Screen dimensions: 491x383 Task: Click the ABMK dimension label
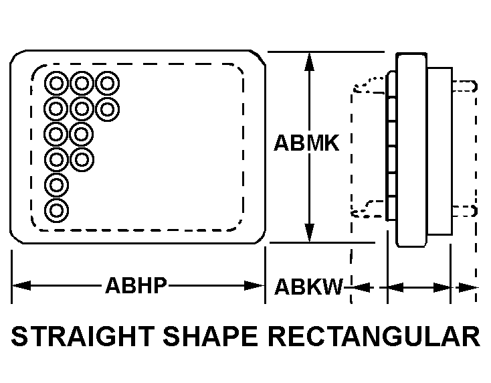(x=306, y=143)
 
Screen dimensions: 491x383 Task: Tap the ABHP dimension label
(x=136, y=285)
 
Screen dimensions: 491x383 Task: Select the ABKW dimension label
(x=308, y=287)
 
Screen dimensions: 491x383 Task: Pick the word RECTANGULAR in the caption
(x=374, y=336)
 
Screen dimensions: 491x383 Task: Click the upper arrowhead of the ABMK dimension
(x=309, y=63)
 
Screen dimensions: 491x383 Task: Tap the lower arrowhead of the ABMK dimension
(x=309, y=232)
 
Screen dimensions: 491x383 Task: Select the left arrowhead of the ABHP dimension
(x=21, y=285)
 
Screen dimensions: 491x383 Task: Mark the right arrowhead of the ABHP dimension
(x=254, y=285)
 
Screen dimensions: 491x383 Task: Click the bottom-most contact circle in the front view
(x=56, y=210)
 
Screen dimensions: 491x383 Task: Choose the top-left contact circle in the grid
(x=56, y=84)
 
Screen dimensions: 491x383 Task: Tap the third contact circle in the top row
(x=108, y=84)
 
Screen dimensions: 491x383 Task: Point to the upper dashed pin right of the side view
(x=465, y=86)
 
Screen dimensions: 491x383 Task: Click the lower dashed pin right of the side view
(x=465, y=211)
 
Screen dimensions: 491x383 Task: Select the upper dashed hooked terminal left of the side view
(x=369, y=85)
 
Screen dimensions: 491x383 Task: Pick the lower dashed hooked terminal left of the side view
(x=367, y=209)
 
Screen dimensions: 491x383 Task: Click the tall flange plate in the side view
(x=411, y=150)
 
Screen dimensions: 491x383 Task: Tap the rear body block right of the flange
(x=439, y=151)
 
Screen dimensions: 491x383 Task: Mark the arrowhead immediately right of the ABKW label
(x=363, y=287)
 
